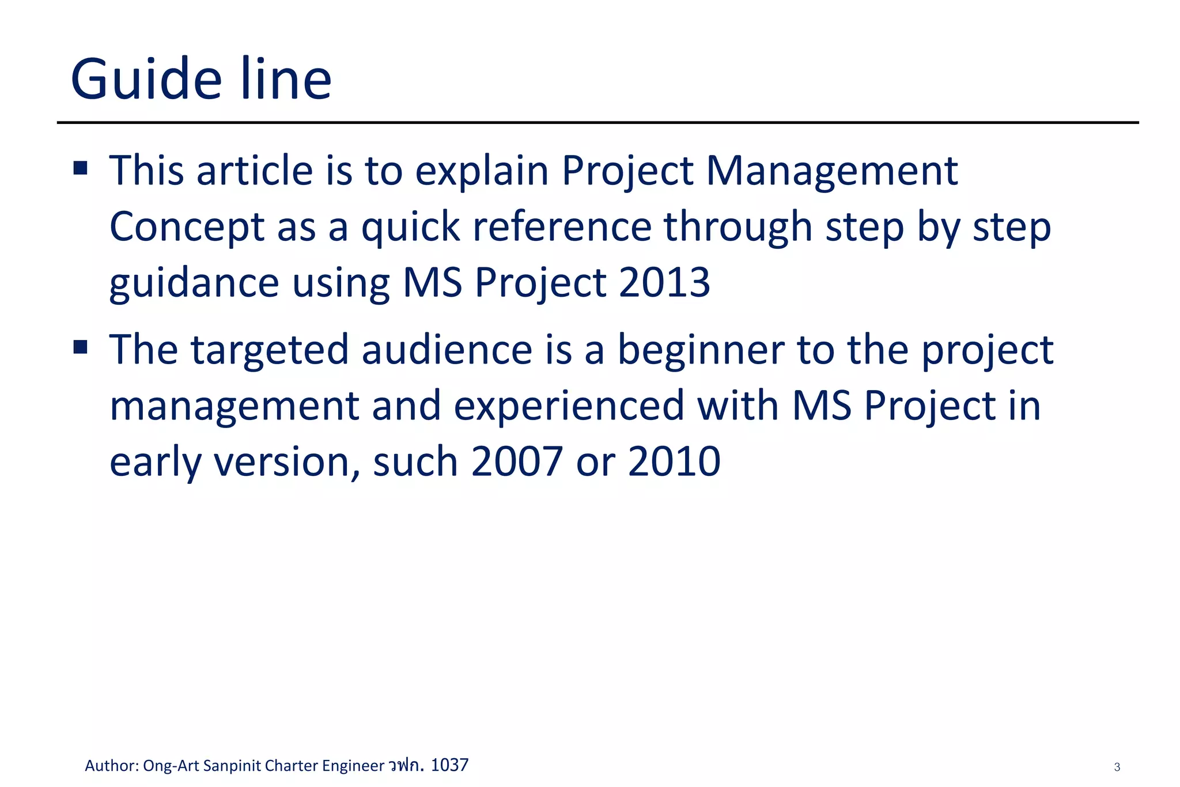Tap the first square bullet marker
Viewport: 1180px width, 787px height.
click(81, 168)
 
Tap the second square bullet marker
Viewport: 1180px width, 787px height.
click(81, 347)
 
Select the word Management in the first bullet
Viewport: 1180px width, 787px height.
click(831, 171)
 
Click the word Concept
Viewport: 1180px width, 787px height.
click(187, 227)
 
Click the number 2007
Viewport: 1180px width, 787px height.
click(516, 461)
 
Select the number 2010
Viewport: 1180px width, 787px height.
click(674, 461)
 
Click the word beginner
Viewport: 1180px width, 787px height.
click(701, 350)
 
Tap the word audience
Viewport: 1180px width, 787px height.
click(447, 350)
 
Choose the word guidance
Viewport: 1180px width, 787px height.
click(194, 284)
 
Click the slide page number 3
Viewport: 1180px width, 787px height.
click(1117, 767)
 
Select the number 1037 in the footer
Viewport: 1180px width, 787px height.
click(449, 765)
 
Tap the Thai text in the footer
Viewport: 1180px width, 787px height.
click(406, 765)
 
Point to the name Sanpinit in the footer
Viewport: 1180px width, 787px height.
click(232, 766)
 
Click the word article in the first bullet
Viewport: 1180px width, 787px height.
click(254, 171)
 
